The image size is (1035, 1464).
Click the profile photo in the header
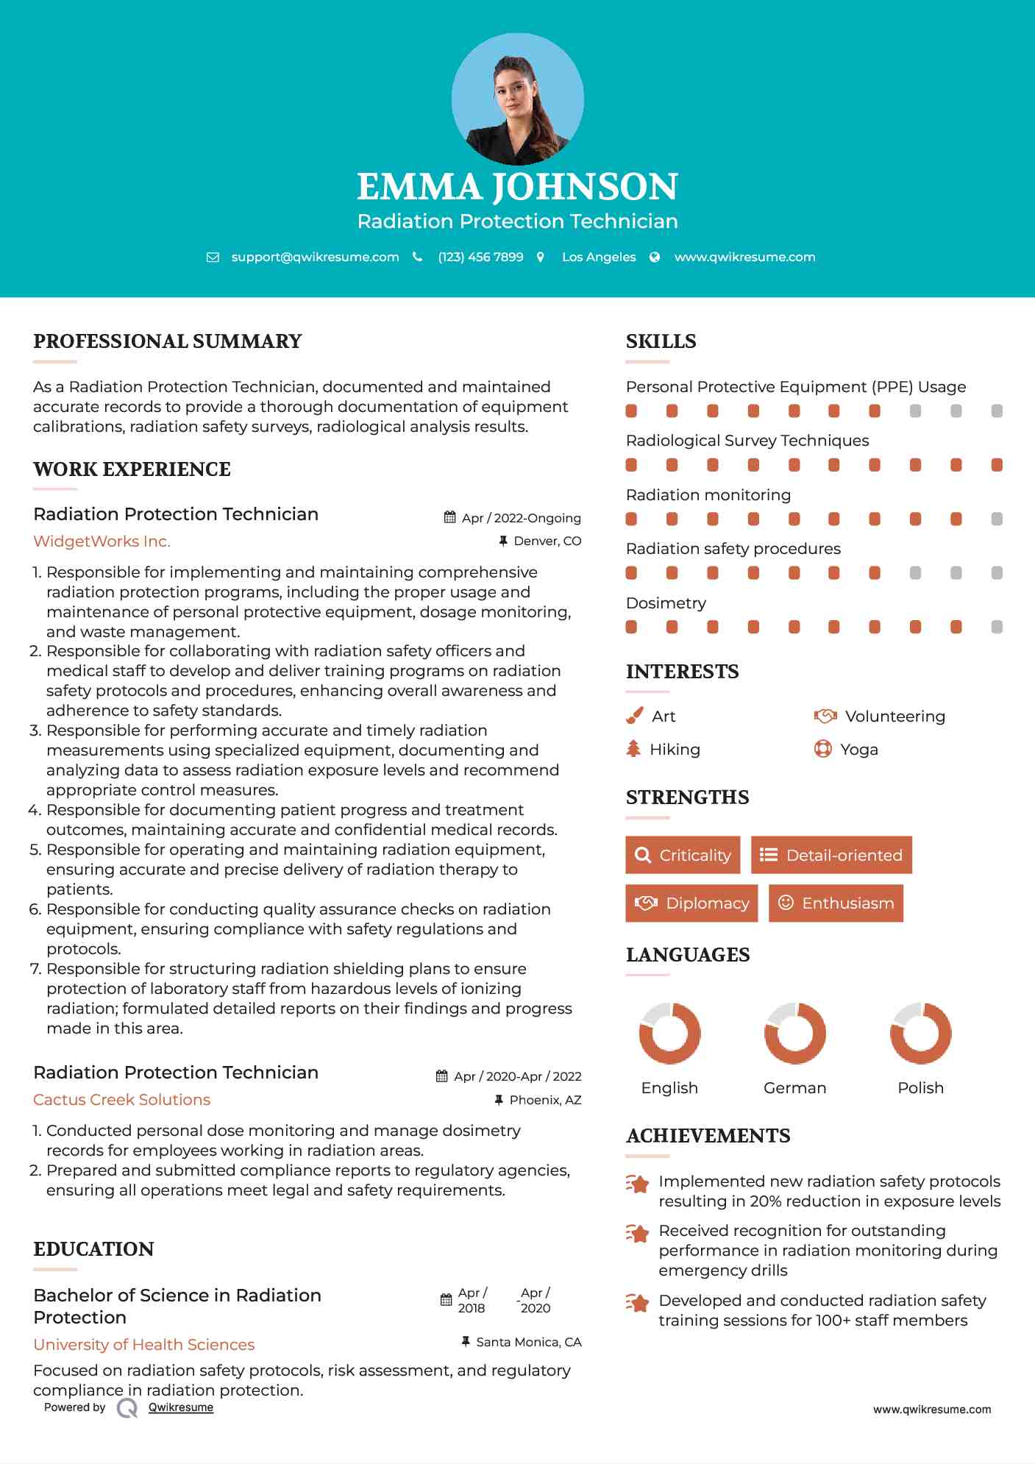(x=517, y=99)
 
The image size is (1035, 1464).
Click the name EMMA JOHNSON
(x=517, y=187)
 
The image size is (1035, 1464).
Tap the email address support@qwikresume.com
(x=315, y=257)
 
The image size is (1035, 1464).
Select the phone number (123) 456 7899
(x=480, y=257)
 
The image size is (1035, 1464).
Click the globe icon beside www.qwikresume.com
(x=655, y=257)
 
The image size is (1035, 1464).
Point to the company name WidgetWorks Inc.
(x=102, y=541)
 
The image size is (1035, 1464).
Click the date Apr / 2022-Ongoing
(x=521, y=518)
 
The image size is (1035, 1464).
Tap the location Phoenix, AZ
(x=545, y=1100)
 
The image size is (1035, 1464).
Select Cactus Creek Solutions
(x=121, y=1100)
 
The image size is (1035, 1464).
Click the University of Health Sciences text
(x=143, y=1345)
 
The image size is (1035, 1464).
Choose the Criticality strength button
(x=683, y=855)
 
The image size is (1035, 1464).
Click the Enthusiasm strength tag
(x=836, y=903)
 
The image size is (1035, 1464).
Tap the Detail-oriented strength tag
(x=831, y=855)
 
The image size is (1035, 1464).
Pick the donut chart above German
(x=794, y=1033)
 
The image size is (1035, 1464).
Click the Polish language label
(x=920, y=1088)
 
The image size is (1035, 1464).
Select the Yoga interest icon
(x=823, y=749)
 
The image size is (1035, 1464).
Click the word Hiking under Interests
(x=675, y=750)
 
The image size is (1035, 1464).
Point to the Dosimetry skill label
(x=666, y=603)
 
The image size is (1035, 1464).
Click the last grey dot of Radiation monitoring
(x=997, y=519)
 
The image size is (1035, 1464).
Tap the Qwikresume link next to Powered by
(x=181, y=1407)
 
